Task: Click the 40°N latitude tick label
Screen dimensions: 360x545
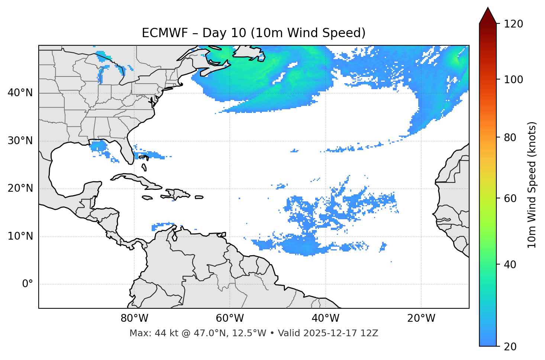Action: click(x=20, y=93)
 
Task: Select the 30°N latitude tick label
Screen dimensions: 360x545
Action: click(x=20, y=141)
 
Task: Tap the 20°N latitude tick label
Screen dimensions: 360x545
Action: click(x=20, y=188)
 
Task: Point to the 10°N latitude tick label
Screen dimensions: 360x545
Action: click(x=20, y=236)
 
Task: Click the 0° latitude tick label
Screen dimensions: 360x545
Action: click(x=28, y=284)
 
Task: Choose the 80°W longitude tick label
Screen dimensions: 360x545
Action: click(x=134, y=318)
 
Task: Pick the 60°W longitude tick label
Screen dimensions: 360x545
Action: click(x=230, y=318)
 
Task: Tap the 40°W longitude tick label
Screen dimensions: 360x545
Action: click(x=325, y=318)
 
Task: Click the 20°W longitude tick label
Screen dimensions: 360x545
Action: click(x=421, y=318)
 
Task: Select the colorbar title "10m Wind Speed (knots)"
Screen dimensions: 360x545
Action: click(x=532, y=185)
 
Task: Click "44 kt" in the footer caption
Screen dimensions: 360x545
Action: click(x=164, y=333)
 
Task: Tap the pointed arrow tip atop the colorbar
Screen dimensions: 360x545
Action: click(x=488, y=9)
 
